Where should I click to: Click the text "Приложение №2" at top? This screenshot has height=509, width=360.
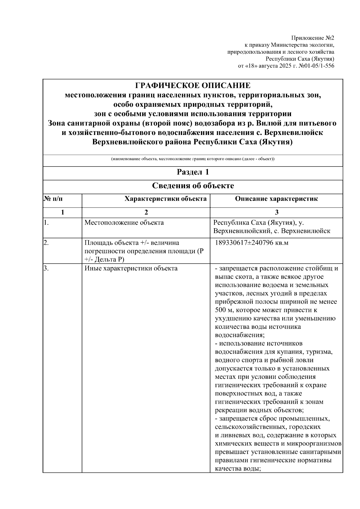pos(313,38)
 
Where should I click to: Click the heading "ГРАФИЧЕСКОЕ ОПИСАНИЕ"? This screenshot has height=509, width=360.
pos(193,86)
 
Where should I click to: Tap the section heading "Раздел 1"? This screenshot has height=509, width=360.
pos(193,172)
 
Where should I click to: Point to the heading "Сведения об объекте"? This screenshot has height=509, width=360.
pos(193,186)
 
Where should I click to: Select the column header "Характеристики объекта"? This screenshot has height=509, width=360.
pos(165,199)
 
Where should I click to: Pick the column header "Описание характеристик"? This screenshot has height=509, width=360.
pos(276,199)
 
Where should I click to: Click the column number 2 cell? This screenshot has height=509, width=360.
pos(146,212)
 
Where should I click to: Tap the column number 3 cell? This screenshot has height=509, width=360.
pos(276,212)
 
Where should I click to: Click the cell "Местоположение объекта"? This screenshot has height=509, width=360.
pos(124,223)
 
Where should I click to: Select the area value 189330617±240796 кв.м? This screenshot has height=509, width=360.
pos(252,243)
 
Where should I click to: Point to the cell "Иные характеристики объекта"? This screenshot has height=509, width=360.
pos(131,268)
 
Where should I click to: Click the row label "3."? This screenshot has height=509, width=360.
pos(46,268)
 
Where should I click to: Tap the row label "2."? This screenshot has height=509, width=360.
pos(46,243)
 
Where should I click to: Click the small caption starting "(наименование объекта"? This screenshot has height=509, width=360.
pos(193,159)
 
